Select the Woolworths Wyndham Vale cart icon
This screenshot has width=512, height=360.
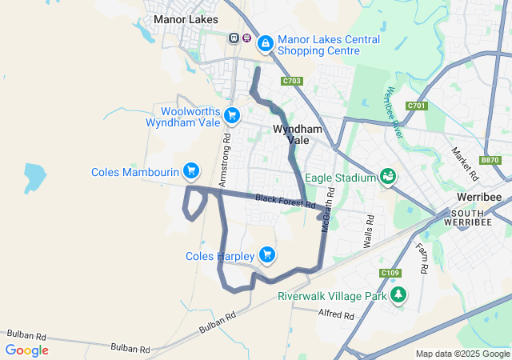232,117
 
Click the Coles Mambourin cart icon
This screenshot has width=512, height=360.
190,171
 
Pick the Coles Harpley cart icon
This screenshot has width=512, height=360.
266,256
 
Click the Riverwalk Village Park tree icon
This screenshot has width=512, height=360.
398,295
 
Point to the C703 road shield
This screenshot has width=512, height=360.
292,81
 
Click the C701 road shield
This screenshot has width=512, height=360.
416,106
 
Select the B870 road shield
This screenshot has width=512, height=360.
490,160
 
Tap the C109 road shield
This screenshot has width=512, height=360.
390,274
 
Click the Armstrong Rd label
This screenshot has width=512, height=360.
226,149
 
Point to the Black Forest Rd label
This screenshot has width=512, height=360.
285,202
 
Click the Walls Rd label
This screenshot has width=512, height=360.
370,230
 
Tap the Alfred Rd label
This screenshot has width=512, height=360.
336,314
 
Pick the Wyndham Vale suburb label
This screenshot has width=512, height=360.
298,134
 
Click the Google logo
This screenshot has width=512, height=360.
26,350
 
